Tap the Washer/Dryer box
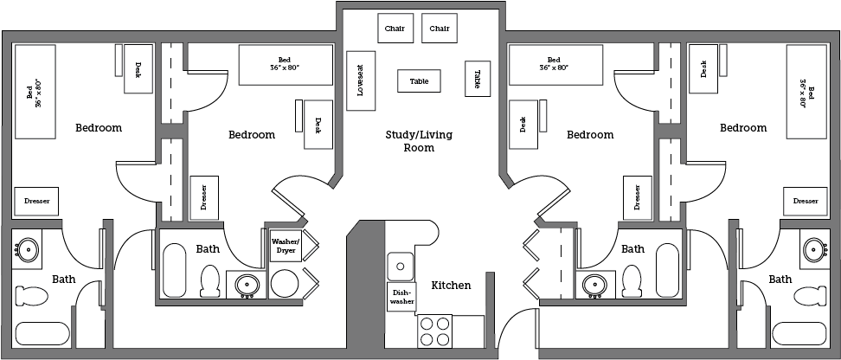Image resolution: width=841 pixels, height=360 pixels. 286,245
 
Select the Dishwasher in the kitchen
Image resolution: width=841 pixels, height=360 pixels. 400,297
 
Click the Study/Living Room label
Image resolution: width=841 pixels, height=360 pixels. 419,141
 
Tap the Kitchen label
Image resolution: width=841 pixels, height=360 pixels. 451,285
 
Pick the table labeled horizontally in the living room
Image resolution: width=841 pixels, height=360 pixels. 419,81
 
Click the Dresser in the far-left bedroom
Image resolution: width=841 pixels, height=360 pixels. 36,201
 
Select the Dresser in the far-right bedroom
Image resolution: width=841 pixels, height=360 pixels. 805,201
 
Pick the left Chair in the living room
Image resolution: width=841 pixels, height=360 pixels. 395,29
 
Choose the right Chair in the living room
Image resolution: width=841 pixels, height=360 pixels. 440,29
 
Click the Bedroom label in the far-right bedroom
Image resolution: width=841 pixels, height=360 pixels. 743,128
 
